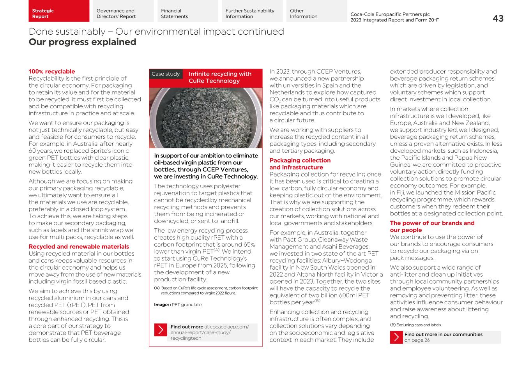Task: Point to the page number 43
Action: point(498,18)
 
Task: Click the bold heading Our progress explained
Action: point(82,42)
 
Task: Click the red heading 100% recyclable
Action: point(52,71)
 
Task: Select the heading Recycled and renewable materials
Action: point(79,247)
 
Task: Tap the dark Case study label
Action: point(166,74)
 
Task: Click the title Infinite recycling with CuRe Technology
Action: point(220,77)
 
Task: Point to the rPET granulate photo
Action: point(205,118)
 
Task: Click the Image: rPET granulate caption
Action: point(178,305)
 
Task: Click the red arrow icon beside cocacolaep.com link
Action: point(161,330)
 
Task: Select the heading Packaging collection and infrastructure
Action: point(300,164)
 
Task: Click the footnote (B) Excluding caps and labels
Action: point(415,325)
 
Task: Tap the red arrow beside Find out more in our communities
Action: point(396,337)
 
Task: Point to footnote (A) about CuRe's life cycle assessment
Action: point(206,290)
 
